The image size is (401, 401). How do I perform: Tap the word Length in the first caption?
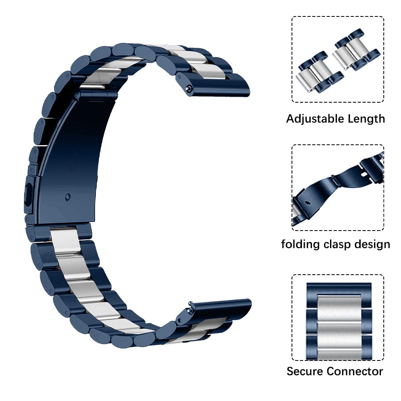pyautogui.click(x=367, y=119)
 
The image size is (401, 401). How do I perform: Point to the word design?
pyautogui.click(x=373, y=245)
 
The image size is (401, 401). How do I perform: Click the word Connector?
pyautogui.click(x=355, y=371)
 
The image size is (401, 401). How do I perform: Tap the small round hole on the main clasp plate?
pyautogui.click(x=68, y=197)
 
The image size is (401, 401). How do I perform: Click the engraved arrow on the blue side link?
pyautogui.click(x=48, y=254)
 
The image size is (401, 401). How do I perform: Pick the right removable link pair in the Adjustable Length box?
pyautogui.click(x=356, y=50)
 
